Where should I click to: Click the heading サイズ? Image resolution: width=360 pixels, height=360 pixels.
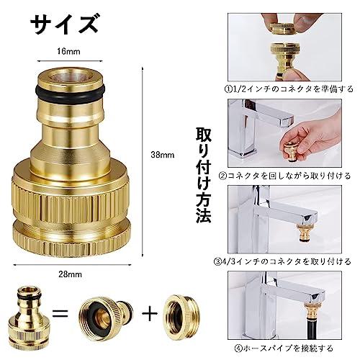(x=65, y=23)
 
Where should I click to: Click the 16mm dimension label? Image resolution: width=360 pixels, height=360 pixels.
(x=68, y=51)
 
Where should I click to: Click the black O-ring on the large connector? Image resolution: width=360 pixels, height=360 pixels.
(x=68, y=93)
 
